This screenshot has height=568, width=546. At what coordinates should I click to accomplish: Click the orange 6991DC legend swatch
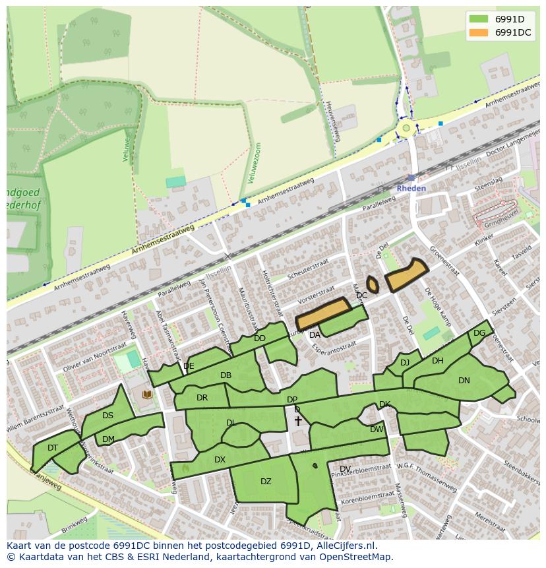point(479,32)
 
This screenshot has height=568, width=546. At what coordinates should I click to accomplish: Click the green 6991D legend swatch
point(479,18)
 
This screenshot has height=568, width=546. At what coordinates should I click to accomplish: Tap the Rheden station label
point(411,188)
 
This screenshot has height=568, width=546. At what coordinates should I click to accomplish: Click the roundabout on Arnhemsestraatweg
point(406,128)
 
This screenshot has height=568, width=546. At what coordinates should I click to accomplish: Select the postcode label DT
point(53,447)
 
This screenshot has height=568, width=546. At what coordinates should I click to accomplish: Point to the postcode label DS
point(107,416)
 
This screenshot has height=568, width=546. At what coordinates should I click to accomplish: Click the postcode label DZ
point(266,482)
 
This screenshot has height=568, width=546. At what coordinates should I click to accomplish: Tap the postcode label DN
point(464,381)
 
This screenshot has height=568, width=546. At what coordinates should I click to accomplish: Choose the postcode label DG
point(479,333)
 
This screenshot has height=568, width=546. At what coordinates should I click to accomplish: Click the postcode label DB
point(226,375)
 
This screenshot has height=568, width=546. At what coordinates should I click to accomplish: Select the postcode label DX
point(220,460)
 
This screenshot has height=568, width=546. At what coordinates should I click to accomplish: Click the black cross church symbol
point(298,420)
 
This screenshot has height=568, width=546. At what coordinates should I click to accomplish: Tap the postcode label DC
point(361,296)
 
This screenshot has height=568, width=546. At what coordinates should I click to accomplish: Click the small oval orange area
point(373,284)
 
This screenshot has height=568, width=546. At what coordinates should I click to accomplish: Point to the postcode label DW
point(377,429)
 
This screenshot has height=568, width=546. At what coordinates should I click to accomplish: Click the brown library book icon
point(147,394)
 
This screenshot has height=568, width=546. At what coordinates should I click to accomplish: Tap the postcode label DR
point(202,398)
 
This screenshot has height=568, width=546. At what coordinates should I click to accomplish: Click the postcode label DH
point(438,361)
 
